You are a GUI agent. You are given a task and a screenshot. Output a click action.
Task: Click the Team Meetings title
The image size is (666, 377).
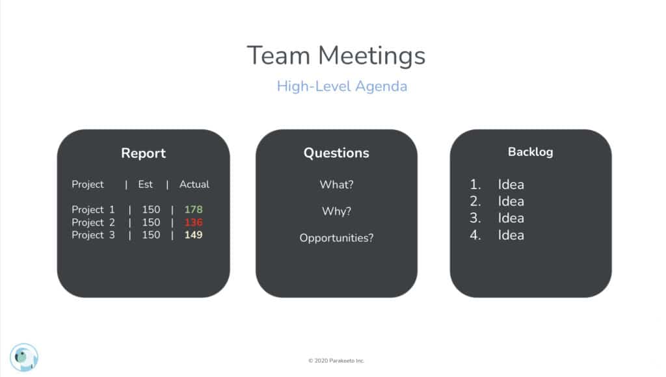click(x=336, y=57)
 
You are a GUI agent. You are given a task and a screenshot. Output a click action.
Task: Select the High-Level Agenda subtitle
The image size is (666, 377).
click(x=342, y=86)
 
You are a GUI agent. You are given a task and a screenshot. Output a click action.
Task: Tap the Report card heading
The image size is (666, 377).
click(x=144, y=153)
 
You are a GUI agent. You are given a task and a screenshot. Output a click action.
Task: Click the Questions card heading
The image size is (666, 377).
click(x=336, y=153)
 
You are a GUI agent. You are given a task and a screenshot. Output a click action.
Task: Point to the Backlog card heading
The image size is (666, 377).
click(x=531, y=152)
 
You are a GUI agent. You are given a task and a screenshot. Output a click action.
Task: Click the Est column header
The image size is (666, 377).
click(x=145, y=184)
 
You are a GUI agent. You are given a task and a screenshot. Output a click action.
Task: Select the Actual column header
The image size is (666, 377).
click(x=194, y=184)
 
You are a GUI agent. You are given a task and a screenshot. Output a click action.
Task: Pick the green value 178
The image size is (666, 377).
click(x=193, y=209)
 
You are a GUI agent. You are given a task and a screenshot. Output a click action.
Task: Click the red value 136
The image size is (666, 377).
click(x=193, y=222)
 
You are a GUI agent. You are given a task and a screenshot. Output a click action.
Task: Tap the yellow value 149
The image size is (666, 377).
click(x=193, y=235)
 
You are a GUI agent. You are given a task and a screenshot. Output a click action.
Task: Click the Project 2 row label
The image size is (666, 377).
click(x=93, y=222)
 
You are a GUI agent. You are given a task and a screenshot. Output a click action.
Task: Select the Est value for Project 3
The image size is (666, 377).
click(x=151, y=235)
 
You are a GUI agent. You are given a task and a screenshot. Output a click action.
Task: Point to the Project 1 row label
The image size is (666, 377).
click(x=93, y=210)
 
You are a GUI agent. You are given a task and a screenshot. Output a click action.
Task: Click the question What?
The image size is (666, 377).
click(x=336, y=185)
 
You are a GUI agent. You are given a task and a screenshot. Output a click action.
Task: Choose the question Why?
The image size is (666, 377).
click(x=336, y=211)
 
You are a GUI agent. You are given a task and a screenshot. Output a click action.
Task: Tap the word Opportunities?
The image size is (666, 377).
click(x=336, y=238)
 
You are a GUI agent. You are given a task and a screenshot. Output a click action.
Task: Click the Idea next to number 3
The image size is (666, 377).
click(x=511, y=218)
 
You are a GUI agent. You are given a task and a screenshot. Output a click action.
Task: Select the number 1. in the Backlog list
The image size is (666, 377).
click(x=475, y=184)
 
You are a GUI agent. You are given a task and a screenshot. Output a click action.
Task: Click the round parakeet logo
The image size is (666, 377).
click(x=24, y=357)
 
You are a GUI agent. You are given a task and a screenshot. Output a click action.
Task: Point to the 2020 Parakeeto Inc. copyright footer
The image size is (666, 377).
click(x=336, y=361)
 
